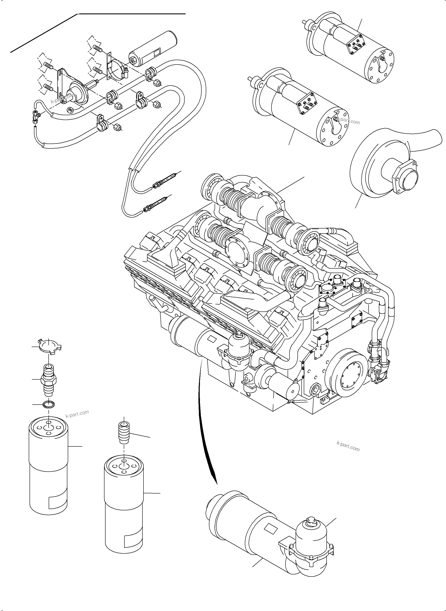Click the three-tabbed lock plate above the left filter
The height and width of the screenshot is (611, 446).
coord(49,346)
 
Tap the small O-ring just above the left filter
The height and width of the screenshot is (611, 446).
coord(49,405)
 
